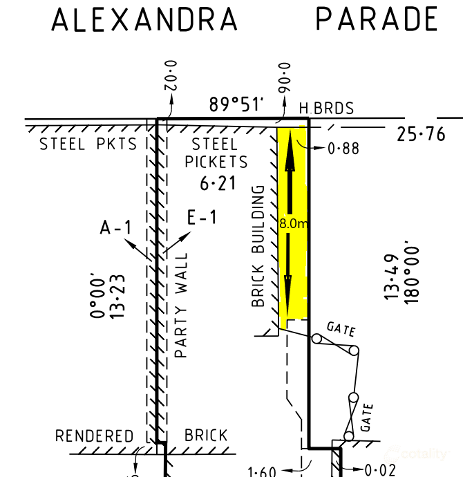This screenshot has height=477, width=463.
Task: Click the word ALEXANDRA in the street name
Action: point(144,20)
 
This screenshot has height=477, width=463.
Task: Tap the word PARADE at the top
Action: point(377,19)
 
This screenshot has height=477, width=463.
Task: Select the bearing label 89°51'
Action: point(237,105)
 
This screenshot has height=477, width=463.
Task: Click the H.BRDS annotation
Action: point(326,109)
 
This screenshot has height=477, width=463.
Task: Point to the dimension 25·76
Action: point(422,134)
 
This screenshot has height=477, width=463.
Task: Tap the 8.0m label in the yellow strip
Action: point(292,224)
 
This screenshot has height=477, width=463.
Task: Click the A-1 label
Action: point(115,227)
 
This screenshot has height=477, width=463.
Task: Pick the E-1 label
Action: point(202,218)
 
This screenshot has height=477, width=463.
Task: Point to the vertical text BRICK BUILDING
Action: point(258,246)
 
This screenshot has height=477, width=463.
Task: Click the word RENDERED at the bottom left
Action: point(94,436)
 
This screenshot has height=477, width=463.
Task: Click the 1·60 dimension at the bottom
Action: point(261,472)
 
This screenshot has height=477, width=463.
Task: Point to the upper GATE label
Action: point(341,328)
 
